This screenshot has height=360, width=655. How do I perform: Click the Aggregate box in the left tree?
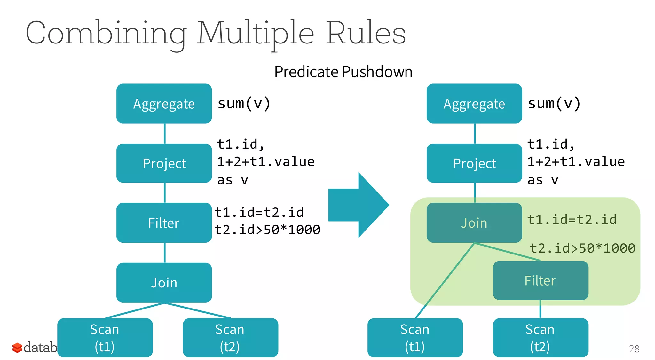click(164, 104)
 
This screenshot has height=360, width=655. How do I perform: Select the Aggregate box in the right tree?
click(474, 104)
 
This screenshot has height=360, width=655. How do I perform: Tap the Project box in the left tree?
click(164, 163)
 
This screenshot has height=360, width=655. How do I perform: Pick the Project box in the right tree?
click(474, 163)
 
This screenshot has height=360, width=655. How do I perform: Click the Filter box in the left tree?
click(164, 223)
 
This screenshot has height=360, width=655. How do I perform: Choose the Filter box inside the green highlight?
click(541, 280)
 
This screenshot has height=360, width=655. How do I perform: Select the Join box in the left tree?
click(164, 283)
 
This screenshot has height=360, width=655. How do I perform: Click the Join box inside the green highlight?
click(474, 223)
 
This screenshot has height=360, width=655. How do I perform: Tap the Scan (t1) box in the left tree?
click(105, 338)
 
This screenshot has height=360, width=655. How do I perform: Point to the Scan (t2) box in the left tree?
click(230, 338)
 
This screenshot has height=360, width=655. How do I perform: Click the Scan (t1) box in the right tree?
click(415, 338)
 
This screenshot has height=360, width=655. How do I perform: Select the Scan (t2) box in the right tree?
click(541, 338)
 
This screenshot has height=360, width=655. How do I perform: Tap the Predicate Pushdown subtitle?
click(343, 72)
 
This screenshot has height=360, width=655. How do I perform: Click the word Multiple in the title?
click(255, 33)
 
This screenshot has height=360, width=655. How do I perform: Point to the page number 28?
click(634, 348)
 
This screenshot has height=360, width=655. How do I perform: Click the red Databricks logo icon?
click(17, 348)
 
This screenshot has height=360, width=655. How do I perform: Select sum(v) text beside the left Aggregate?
click(244, 103)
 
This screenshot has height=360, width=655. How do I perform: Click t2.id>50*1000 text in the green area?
click(582, 248)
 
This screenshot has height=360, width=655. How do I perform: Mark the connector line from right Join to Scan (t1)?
click(445, 281)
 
